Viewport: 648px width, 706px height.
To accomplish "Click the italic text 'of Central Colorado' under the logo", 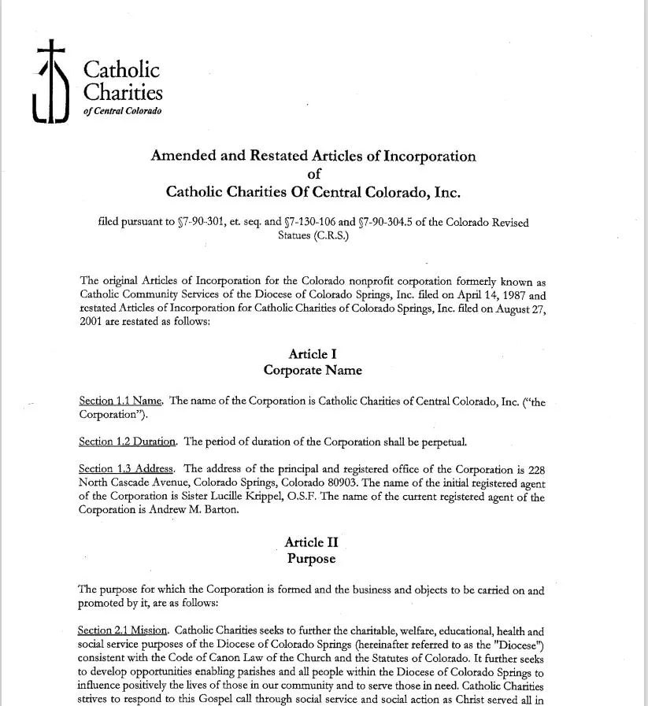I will click(x=122, y=111).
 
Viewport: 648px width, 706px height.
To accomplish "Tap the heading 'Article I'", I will click(x=313, y=354).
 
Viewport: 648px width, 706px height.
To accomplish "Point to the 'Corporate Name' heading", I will click(x=313, y=370).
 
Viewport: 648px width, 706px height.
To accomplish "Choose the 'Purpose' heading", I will click(x=311, y=559).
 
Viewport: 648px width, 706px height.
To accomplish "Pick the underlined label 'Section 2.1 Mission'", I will click(x=123, y=631).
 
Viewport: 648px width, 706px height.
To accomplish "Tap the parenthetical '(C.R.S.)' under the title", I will click(x=313, y=235).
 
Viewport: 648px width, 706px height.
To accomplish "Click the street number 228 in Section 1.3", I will click(x=535, y=470).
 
